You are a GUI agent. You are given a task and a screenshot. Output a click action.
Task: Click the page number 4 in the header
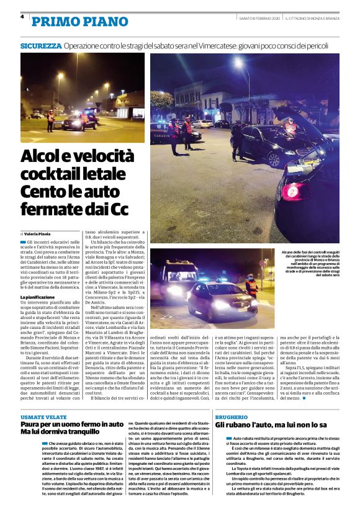(x=22, y=17)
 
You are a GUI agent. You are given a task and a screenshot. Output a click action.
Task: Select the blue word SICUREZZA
(x=41, y=46)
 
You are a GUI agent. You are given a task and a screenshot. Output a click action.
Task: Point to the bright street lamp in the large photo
(x=238, y=63)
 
